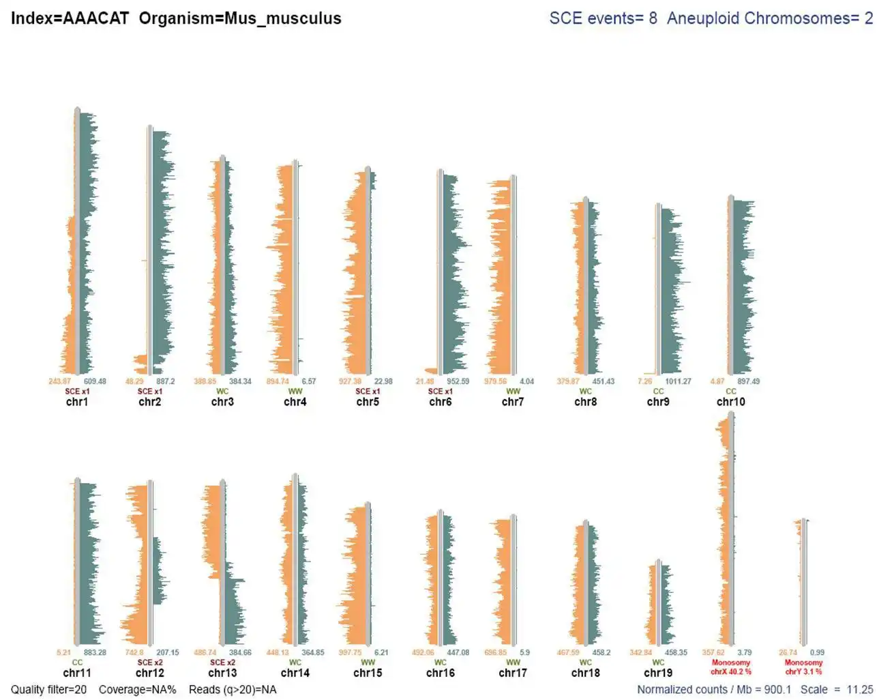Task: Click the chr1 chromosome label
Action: [x=77, y=402]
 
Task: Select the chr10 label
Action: [x=730, y=402]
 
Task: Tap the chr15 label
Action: [x=368, y=673]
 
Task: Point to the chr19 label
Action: [x=658, y=673]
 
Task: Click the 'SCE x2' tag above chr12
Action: [x=149, y=662]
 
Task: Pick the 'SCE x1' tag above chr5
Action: [x=368, y=392]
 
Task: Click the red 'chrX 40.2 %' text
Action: [x=730, y=672]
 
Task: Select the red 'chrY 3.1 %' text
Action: [x=803, y=672]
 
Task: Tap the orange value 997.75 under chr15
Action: [x=350, y=652]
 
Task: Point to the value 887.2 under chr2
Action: [x=165, y=381]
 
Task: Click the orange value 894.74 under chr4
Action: [x=278, y=381]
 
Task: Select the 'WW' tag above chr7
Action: [x=513, y=392]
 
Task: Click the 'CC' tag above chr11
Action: [x=77, y=662]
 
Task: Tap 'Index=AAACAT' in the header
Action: [x=70, y=18]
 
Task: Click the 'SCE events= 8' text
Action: [x=603, y=18]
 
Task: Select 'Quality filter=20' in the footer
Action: [x=49, y=690]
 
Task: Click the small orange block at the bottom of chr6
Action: [x=431, y=370]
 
